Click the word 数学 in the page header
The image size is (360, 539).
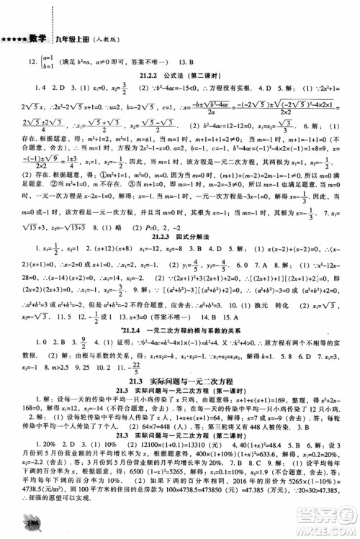[x=37, y=38]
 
